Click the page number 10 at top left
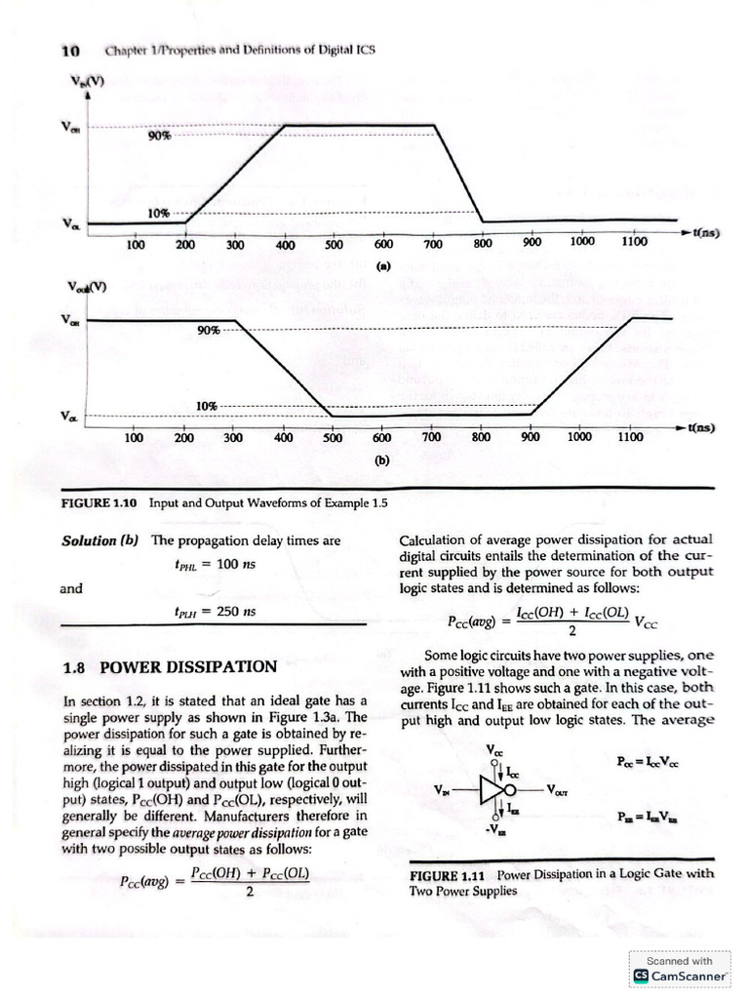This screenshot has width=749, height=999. (69, 50)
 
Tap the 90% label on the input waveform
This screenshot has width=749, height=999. (159, 136)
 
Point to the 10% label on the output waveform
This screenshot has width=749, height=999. (206, 406)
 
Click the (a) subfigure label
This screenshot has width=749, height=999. (383, 263)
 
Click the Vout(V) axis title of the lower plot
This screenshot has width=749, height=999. (86, 287)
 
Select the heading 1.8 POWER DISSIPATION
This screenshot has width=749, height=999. (169, 667)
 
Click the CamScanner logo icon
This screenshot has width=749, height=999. (641, 976)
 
